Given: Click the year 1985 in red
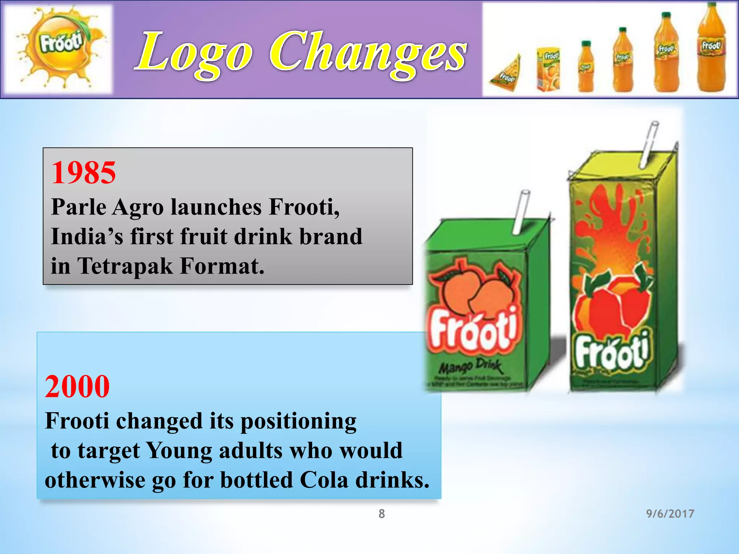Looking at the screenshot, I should [x=84, y=173].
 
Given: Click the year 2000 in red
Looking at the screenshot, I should [x=77, y=387].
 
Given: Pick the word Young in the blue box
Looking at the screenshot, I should [x=179, y=450].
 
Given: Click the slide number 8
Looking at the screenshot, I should [x=381, y=514].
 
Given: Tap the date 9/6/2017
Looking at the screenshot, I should [x=670, y=514].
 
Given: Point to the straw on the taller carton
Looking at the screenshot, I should [x=649, y=144].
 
